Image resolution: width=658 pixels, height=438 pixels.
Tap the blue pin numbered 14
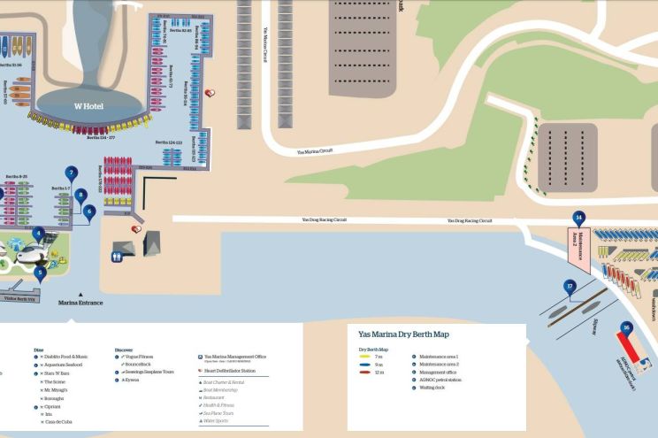(578, 218)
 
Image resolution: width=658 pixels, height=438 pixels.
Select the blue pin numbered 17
(570, 286)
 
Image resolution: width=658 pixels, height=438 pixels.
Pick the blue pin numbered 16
(626, 328)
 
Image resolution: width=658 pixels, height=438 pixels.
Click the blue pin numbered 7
(72, 173)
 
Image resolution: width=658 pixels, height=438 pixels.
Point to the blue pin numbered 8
(80, 195)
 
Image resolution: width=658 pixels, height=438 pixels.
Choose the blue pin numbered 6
(88, 211)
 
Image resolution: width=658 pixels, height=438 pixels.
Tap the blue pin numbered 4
(38, 234)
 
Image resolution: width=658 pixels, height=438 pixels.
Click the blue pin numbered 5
(40, 273)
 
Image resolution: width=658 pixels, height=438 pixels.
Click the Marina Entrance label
(80, 303)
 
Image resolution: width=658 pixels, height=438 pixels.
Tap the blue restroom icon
(117, 257)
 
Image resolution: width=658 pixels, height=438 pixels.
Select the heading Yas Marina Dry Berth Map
(403, 334)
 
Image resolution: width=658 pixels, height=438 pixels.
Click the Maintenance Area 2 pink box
(578, 244)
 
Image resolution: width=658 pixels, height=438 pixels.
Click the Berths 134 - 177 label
(107, 138)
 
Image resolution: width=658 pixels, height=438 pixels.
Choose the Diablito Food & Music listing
(67, 357)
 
